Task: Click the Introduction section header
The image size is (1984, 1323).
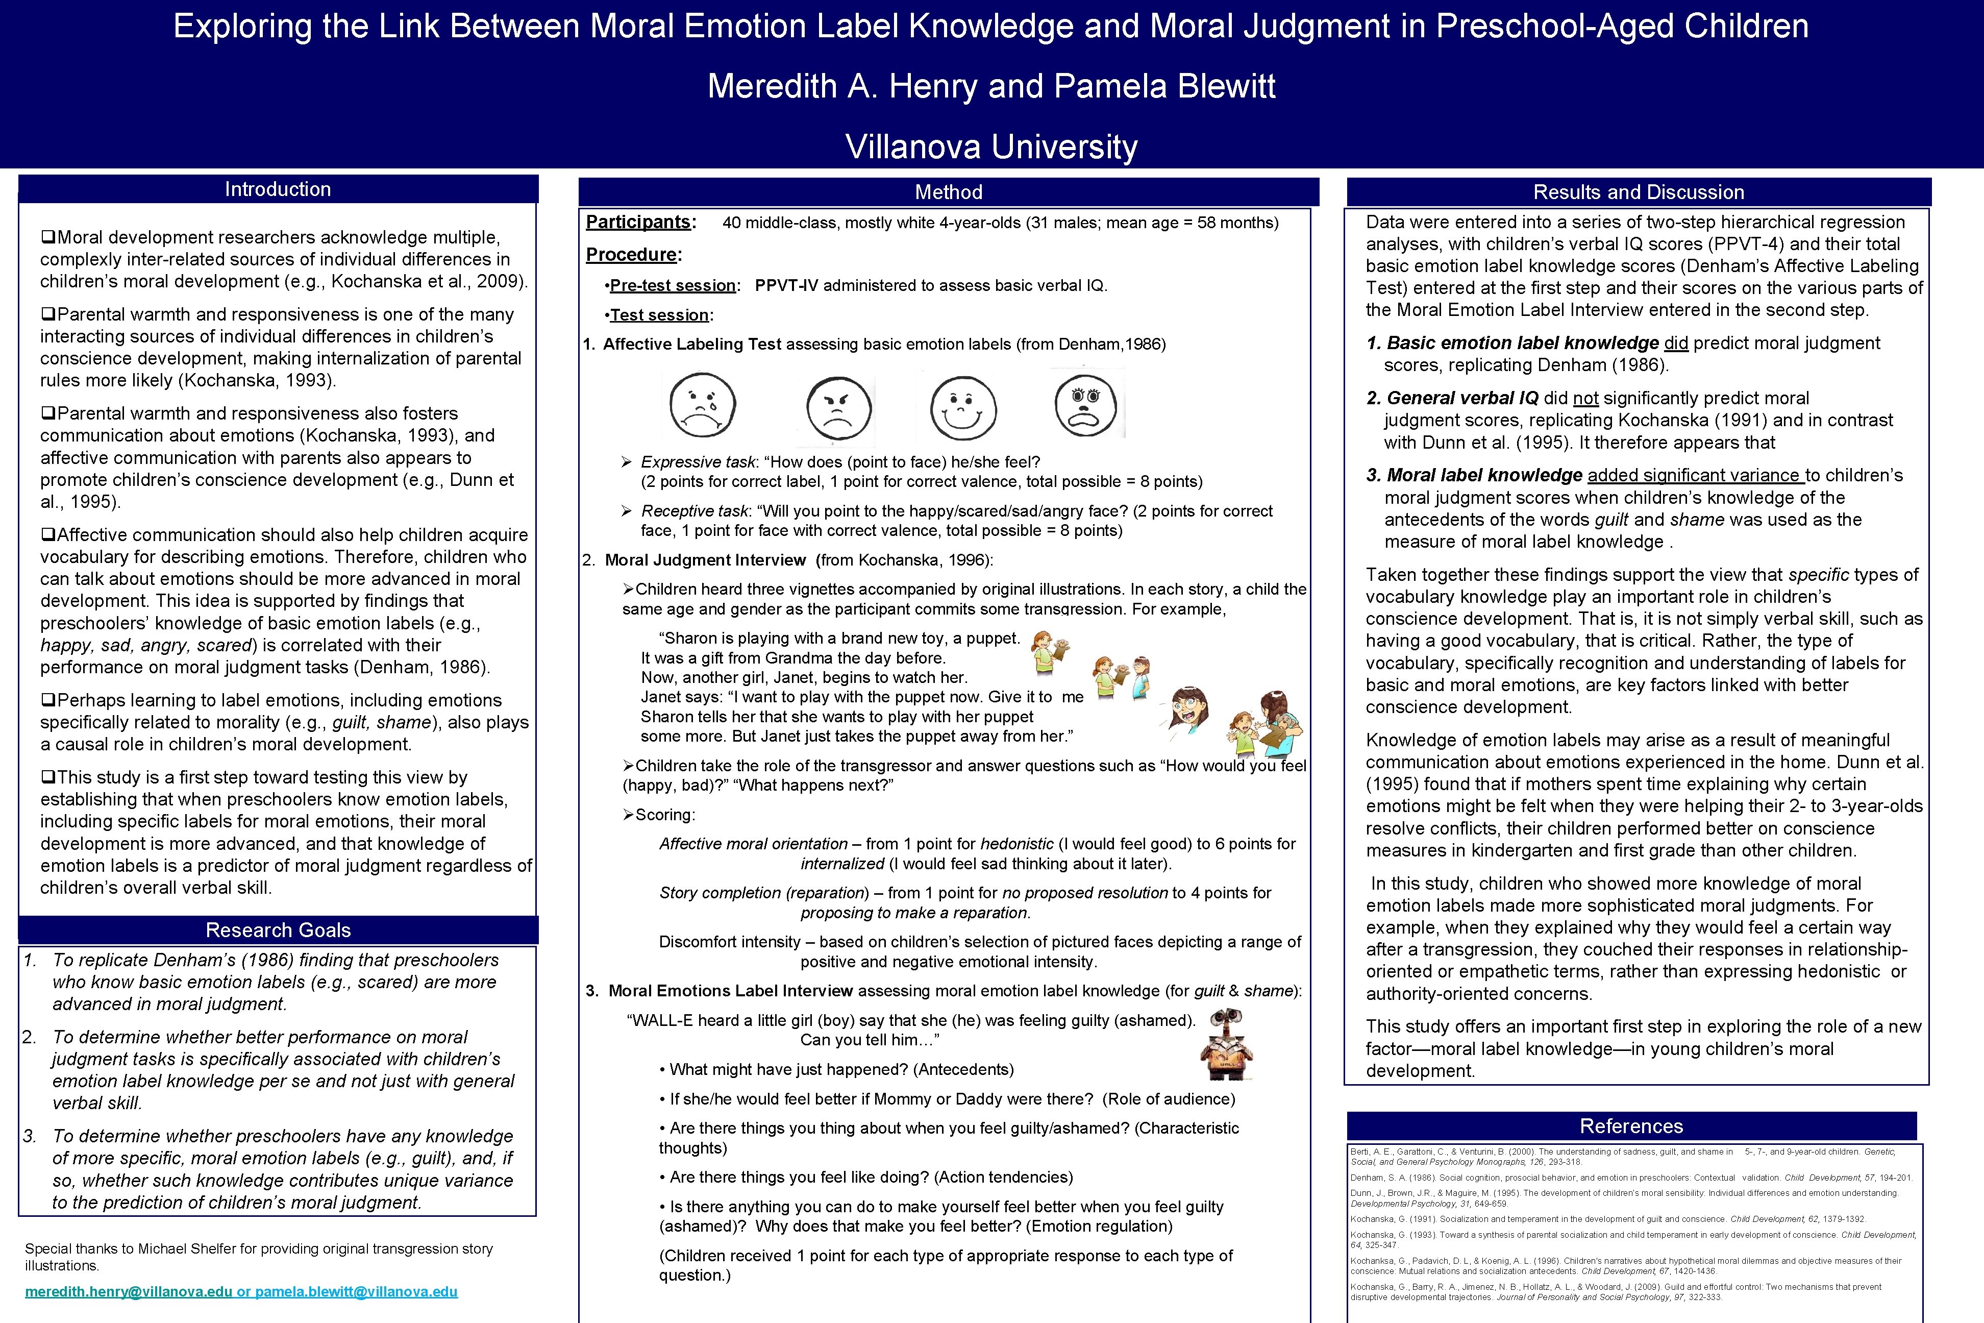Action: pos(278,189)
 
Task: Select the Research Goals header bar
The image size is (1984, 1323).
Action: pos(278,930)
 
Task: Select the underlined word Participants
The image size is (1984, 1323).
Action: pos(638,222)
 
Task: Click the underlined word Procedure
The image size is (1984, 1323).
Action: pos(631,255)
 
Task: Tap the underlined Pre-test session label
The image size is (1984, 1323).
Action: pos(672,285)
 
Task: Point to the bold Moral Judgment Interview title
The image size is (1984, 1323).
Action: pos(705,560)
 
